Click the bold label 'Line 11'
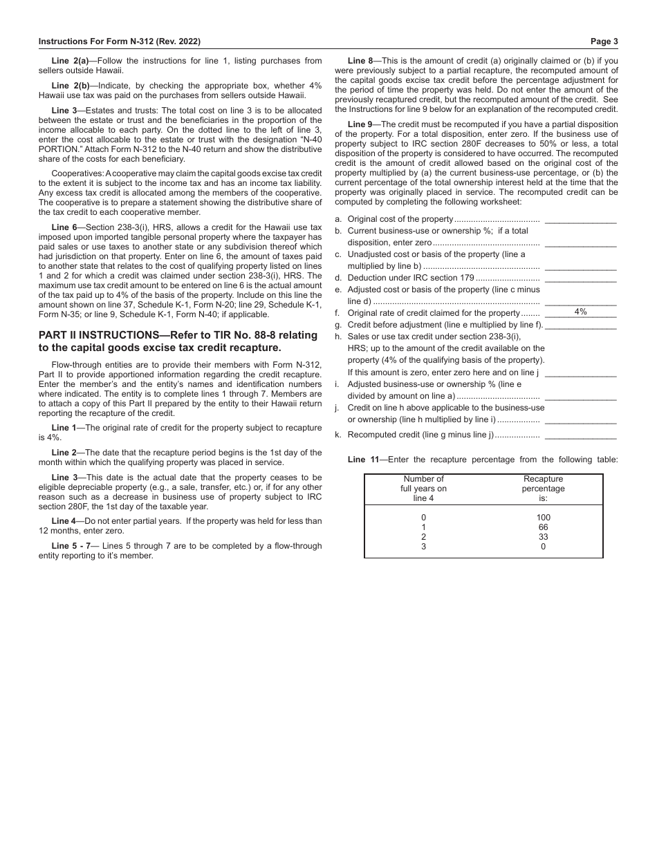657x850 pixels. pos(363,460)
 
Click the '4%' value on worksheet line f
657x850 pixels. pos(580,312)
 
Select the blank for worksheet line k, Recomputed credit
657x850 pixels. pos(580,435)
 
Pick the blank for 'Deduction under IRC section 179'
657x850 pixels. pos(580,278)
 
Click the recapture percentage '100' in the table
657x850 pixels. pos(543,518)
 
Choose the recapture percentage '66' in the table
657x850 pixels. pos(543,527)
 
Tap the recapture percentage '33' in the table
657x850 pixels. pos(543,537)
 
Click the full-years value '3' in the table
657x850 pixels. pos(423,547)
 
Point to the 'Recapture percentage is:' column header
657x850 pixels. pos(543,489)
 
